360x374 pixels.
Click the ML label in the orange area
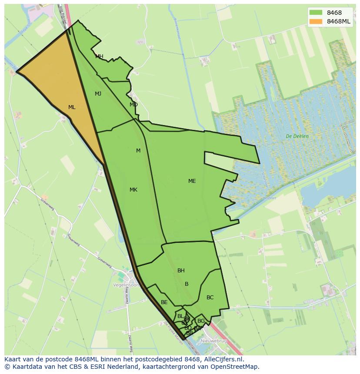point(72,107)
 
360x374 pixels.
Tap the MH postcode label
point(99,56)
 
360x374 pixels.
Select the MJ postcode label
point(98,94)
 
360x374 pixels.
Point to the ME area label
point(192,181)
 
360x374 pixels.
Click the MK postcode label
point(133,190)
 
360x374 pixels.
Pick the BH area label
point(181,271)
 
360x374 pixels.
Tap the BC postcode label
point(210,298)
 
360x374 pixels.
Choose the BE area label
point(164,302)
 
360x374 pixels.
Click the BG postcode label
point(201,321)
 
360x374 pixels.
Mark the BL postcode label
point(180,316)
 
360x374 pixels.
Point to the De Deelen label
point(297,136)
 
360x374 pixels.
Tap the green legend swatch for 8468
point(316,13)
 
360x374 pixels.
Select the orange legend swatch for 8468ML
point(316,21)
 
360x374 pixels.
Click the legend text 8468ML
point(339,21)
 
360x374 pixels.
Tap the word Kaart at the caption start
point(13,359)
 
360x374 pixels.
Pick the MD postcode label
point(133,105)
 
